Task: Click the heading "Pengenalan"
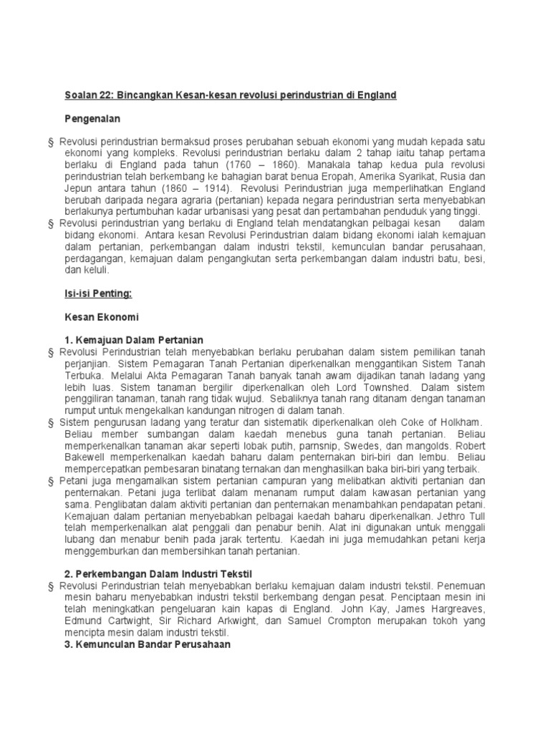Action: click(x=92, y=118)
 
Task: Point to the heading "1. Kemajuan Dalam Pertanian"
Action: click(x=134, y=339)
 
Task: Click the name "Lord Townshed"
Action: click(x=360, y=387)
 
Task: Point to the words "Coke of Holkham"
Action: click(x=438, y=422)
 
